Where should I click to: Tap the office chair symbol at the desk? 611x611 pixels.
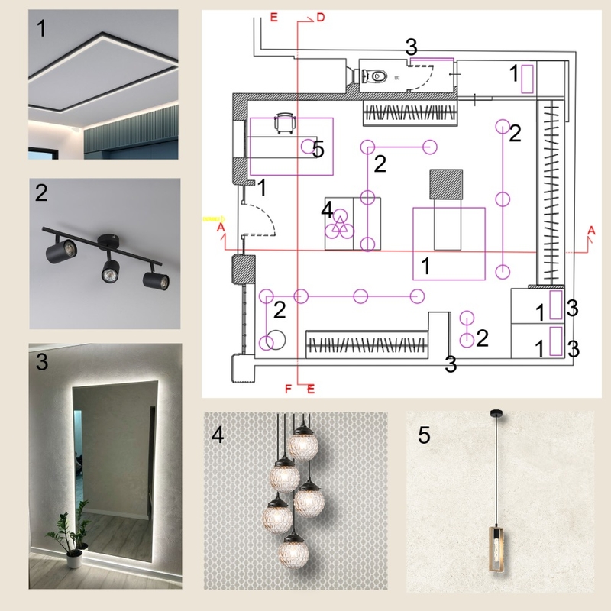[284, 123]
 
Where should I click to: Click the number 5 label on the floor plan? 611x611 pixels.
[318, 149]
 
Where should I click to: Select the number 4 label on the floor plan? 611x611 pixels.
[327, 211]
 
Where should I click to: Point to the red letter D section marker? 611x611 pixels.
[320, 18]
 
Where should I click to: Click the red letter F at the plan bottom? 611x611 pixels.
[289, 389]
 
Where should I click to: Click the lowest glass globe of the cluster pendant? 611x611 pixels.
[293, 551]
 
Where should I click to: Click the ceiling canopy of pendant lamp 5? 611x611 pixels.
[496, 412]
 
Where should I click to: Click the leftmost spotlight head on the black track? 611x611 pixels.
[62, 251]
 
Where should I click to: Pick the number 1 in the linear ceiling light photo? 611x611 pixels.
[41, 29]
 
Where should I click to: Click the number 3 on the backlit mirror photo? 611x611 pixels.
[42, 361]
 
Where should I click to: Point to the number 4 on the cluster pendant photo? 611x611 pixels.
[218, 435]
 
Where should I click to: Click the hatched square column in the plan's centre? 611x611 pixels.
[446, 184]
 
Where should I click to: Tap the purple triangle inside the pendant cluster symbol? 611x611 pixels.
[340, 225]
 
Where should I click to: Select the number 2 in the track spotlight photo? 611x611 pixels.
[41, 192]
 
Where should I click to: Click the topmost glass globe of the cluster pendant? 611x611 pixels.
[302, 443]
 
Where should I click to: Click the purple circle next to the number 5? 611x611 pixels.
[308, 147]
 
